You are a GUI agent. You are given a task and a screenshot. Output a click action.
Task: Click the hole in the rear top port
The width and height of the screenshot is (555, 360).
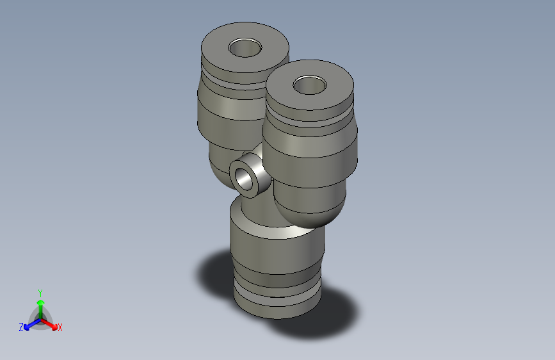246,48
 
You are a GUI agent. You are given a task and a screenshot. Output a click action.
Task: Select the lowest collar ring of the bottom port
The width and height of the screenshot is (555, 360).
275,306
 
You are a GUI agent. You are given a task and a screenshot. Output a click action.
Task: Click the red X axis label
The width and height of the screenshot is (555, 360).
60,327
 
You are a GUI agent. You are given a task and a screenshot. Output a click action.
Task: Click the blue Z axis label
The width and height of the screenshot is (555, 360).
21,327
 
